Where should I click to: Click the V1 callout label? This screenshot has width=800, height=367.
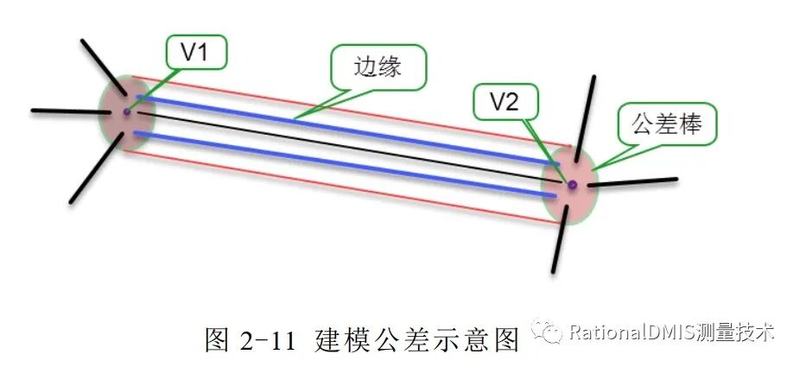click(x=194, y=53)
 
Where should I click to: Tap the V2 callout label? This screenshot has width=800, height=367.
click(x=505, y=103)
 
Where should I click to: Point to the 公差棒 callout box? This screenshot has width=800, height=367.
click(x=666, y=126)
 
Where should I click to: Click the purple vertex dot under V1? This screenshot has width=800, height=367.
click(x=126, y=111)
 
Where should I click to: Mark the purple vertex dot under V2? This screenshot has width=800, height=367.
click(x=571, y=184)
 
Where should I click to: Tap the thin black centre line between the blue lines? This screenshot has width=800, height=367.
click(x=346, y=148)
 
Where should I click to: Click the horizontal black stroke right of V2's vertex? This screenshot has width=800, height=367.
click(x=635, y=181)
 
